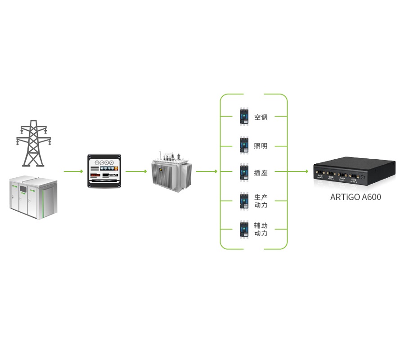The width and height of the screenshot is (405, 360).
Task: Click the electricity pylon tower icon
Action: (x=34, y=144)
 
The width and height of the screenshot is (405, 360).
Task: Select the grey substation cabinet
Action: (x=33, y=198)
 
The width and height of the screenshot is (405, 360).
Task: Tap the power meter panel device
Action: (x=104, y=171)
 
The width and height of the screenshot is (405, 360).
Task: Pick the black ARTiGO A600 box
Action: (x=355, y=171)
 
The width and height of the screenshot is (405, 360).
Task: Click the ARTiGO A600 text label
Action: (x=355, y=197)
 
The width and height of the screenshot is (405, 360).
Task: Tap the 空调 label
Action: (x=261, y=117)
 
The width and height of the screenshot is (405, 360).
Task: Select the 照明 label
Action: (x=261, y=146)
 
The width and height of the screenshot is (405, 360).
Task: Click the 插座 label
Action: (x=261, y=173)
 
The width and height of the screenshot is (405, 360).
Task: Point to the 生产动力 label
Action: (x=261, y=201)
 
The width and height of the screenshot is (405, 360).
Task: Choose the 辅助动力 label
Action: (x=261, y=229)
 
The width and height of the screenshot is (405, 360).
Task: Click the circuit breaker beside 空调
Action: (x=244, y=117)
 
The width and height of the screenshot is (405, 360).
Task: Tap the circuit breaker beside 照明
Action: (x=244, y=145)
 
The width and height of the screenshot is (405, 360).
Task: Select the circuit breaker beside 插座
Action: (x=244, y=172)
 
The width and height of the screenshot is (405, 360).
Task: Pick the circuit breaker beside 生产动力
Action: (x=244, y=201)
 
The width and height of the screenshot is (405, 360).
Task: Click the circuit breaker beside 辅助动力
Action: (x=244, y=229)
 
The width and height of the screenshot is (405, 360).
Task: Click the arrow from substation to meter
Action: (x=73, y=171)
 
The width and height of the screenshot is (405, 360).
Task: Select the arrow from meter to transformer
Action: (x=136, y=171)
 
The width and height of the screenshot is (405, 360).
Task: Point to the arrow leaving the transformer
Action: (x=207, y=171)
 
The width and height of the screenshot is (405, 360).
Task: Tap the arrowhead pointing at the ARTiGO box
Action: (x=307, y=171)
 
